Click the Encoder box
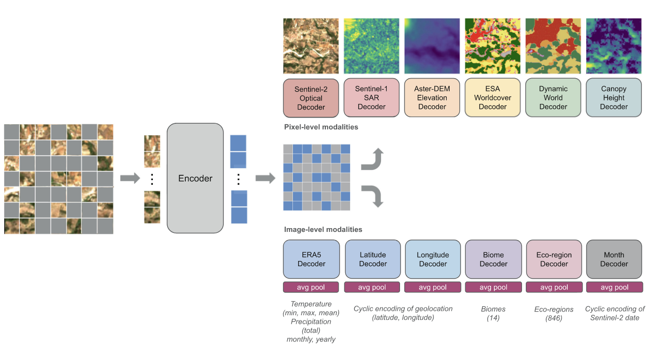coord(195,178)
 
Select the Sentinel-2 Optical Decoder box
coord(311,98)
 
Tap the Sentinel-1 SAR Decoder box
coord(371,98)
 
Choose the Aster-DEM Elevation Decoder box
coord(432,98)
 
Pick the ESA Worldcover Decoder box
coord(492,98)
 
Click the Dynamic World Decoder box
coord(553,98)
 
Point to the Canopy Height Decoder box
coord(613,98)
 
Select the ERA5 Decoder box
coord(311,259)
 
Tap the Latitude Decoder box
coord(373,259)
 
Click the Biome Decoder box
coord(493,259)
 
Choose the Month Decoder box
coord(614,259)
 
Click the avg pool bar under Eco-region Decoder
coord(554,287)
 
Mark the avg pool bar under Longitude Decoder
coord(432,287)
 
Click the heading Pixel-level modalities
coord(321,127)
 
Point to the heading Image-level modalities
coord(323,230)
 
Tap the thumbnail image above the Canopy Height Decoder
coord(613,46)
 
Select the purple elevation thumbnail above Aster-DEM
coord(432,46)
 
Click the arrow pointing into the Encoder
coord(130,179)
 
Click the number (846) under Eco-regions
coord(554,318)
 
